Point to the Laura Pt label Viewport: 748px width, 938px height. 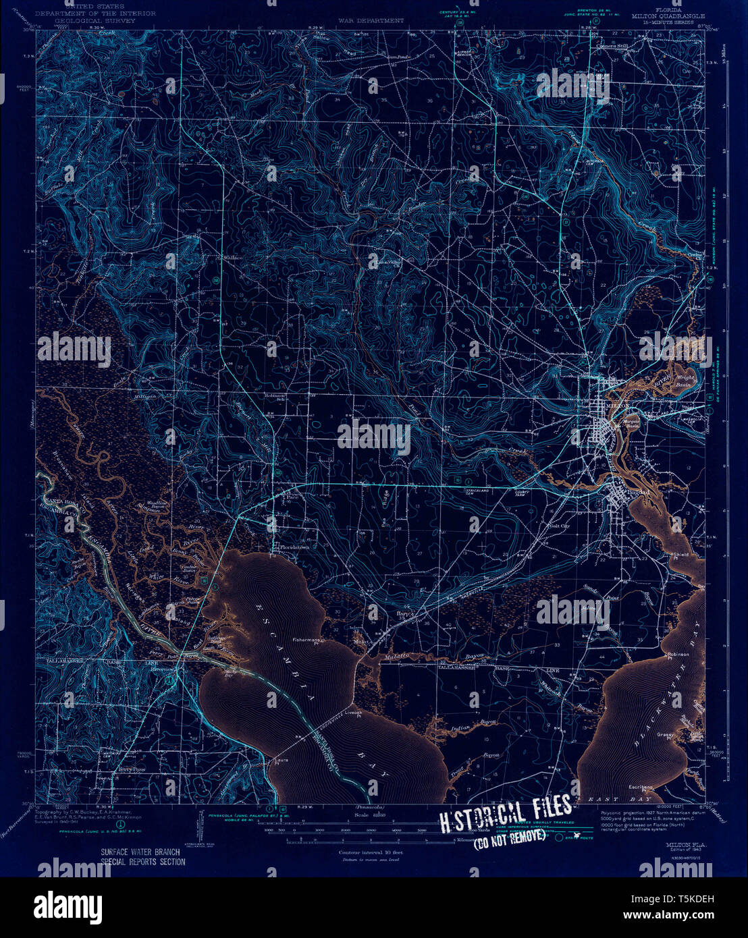tap(282, 761)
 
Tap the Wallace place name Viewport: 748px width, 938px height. tap(233, 258)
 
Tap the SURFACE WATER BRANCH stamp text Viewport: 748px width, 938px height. tap(140, 854)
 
